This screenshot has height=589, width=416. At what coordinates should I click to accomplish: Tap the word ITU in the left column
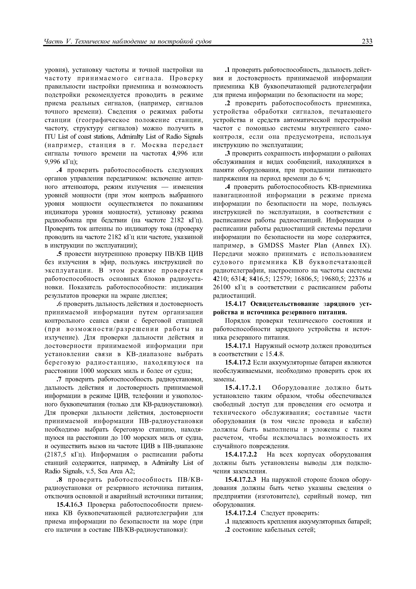pyautogui.click(x=50, y=137)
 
